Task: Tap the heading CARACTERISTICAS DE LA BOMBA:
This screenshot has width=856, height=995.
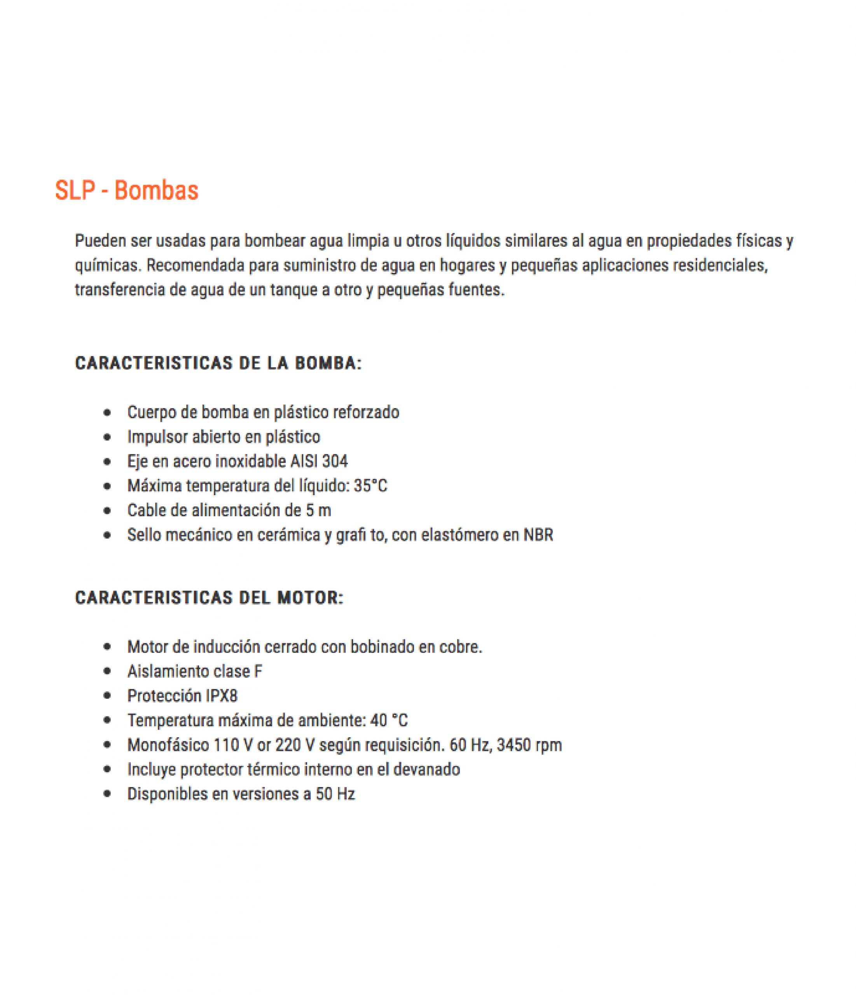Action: click(x=218, y=363)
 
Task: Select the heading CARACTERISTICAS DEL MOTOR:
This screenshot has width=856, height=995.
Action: click(x=210, y=598)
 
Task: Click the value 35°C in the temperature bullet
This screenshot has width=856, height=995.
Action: click(x=370, y=486)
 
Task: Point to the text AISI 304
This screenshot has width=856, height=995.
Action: click(x=319, y=461)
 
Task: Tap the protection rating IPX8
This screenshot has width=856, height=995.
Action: click(x=222, y=696)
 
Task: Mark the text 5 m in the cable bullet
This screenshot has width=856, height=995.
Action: click(x=318, y=510)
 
